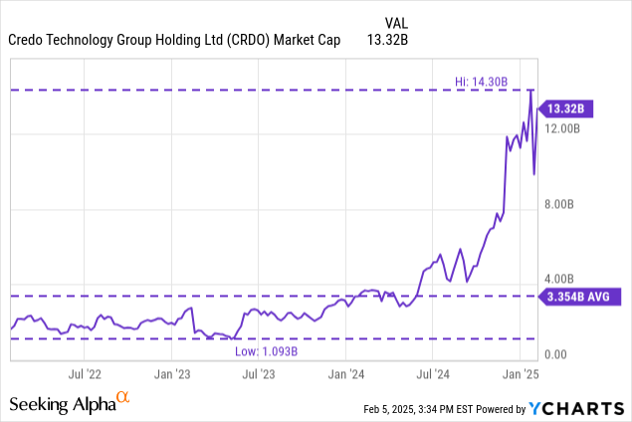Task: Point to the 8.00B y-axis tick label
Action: pos(561,205)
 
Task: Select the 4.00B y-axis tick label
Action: pos(561,280)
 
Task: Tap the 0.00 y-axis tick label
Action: pos(554,354)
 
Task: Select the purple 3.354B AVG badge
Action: pos(582,296)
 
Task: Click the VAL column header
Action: pos(397,22)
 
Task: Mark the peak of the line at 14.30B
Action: pos(531,91)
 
